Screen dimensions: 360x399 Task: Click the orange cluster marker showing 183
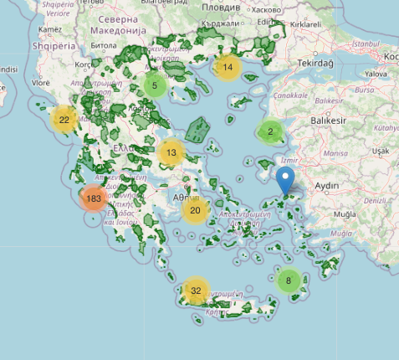pyautogui.click(x=94, y=199)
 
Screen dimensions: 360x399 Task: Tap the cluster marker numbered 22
pyautogui.click(x=64, y=121)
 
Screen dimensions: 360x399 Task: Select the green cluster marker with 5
pyautogui.click(x=155, y=85)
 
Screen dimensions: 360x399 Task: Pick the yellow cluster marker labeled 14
pyautogui.click(x=228, y=68)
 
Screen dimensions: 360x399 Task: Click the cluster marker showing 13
pyautogui.click(x=171, y=152)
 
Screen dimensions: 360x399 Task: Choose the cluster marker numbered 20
pyautogui.click(x=195, y=210)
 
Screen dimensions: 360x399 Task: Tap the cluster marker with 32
pyautogui.click(x=196, y=291)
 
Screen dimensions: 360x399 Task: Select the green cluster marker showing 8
pyautogui.click(x=289, y=280)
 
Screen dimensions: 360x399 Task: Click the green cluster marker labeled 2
pyautogui.click(x=269, y=131)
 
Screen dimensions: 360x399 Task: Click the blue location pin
pyautogui.click(x=285, y=182)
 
